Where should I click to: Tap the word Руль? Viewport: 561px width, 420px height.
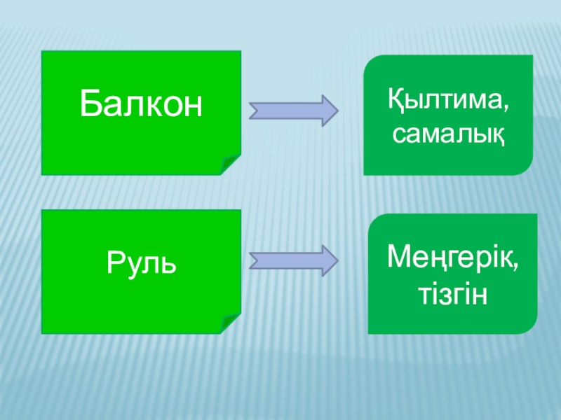point(141,264)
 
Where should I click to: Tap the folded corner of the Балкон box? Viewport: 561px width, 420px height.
point(231,165)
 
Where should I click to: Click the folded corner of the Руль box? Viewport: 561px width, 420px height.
point(231,323)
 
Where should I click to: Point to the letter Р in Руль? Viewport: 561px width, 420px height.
point(115,265)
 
